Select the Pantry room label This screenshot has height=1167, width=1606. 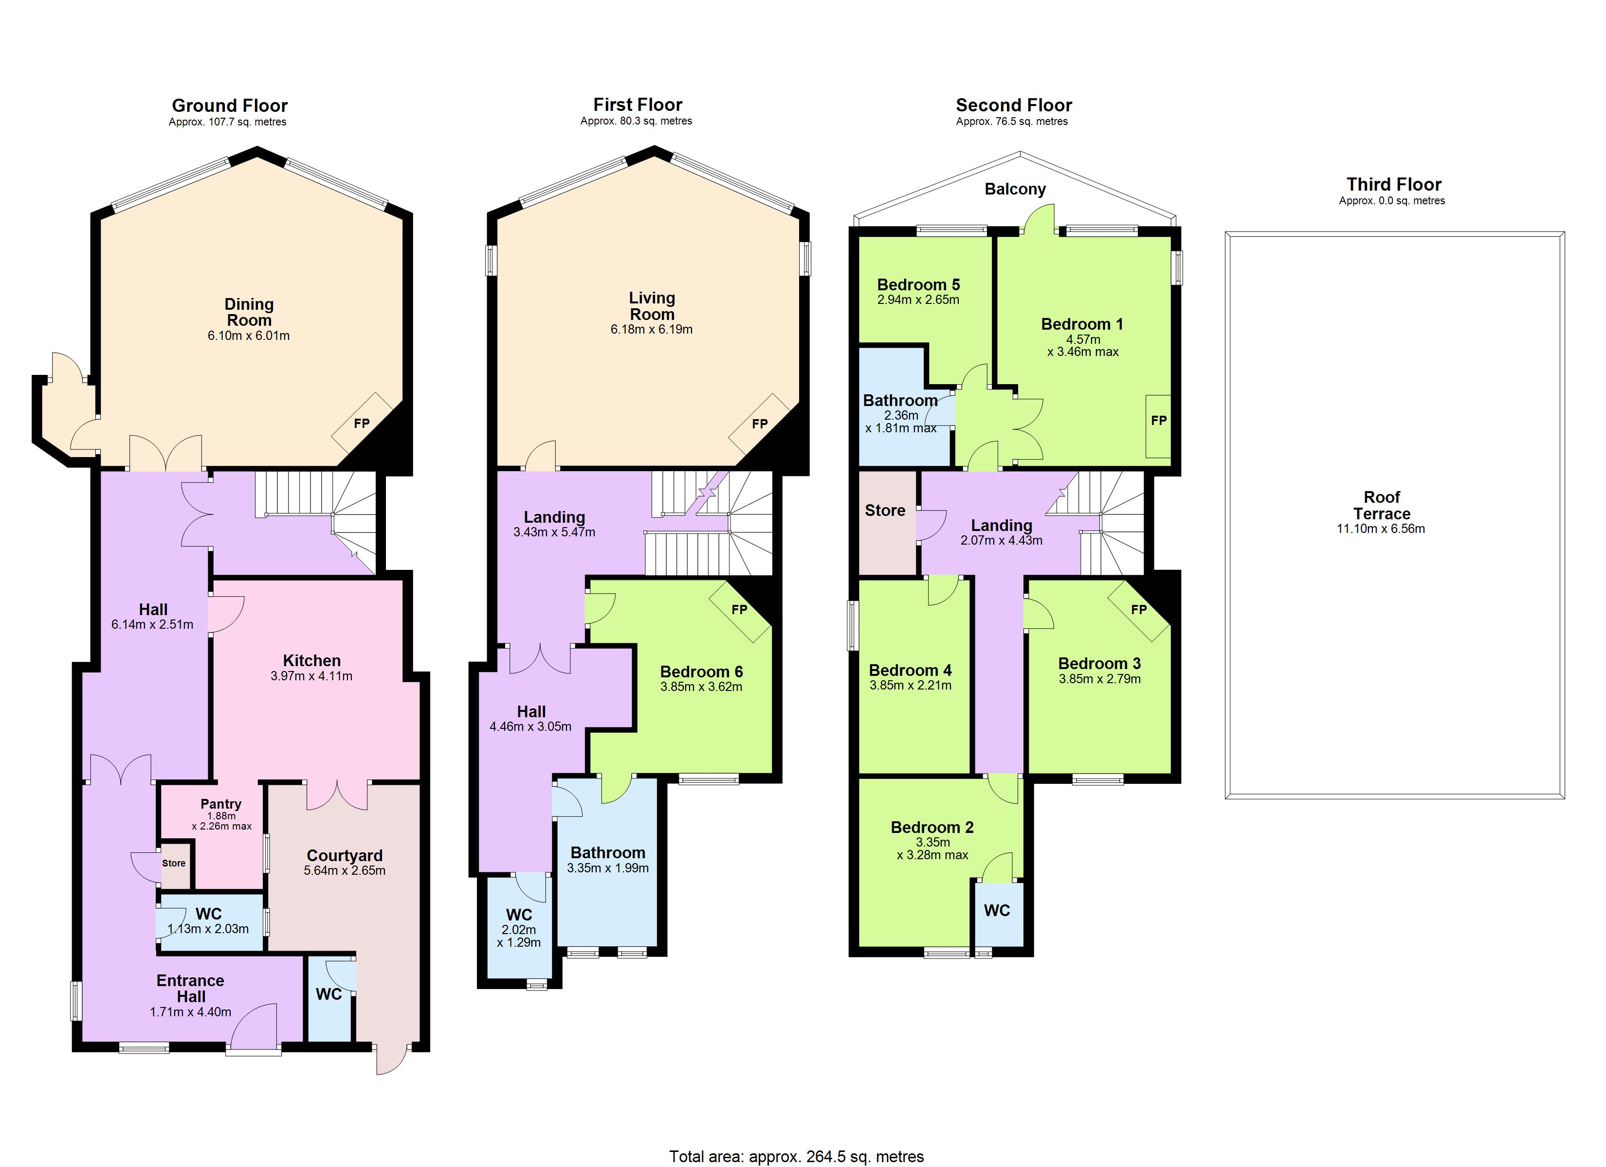(221, 804)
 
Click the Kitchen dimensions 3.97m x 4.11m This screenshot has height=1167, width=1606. (311, 676)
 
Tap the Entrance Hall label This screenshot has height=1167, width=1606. (190, 989)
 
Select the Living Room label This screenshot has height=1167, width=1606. (652, 306)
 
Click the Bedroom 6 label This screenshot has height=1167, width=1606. (701, 672)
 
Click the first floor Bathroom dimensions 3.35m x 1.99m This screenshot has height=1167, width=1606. (607, 867)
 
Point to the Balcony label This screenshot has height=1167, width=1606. (1015, 189)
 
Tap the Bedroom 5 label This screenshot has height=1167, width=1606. (918, 284)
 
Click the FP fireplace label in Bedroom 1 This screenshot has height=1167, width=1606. (1158, 421)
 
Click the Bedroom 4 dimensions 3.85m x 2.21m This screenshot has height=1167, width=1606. (910, 685)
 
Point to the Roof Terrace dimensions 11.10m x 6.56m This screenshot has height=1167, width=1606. (1380, 529)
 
